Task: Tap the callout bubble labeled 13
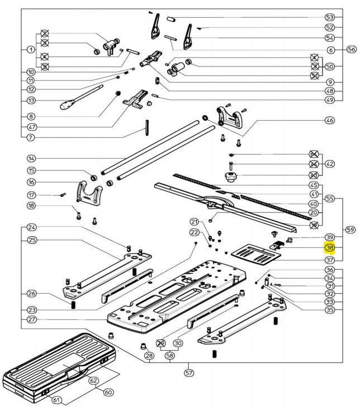(x=31, y=100)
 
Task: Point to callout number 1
(x=31, y=50)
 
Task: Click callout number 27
(x=31, y=320)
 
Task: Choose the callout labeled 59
(x=350, y=229)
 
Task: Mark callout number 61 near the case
(x=56, y=400)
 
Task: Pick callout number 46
(x=329, y=120)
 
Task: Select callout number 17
(x=31, y=195)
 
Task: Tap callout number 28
(x=149, y=356)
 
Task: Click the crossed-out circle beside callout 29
(x=162, y=343)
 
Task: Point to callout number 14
(x=31, y=159)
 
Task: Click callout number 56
(x=350, y=50)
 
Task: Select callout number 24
(x=31, y=227)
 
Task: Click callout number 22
(x=194, y=232)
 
